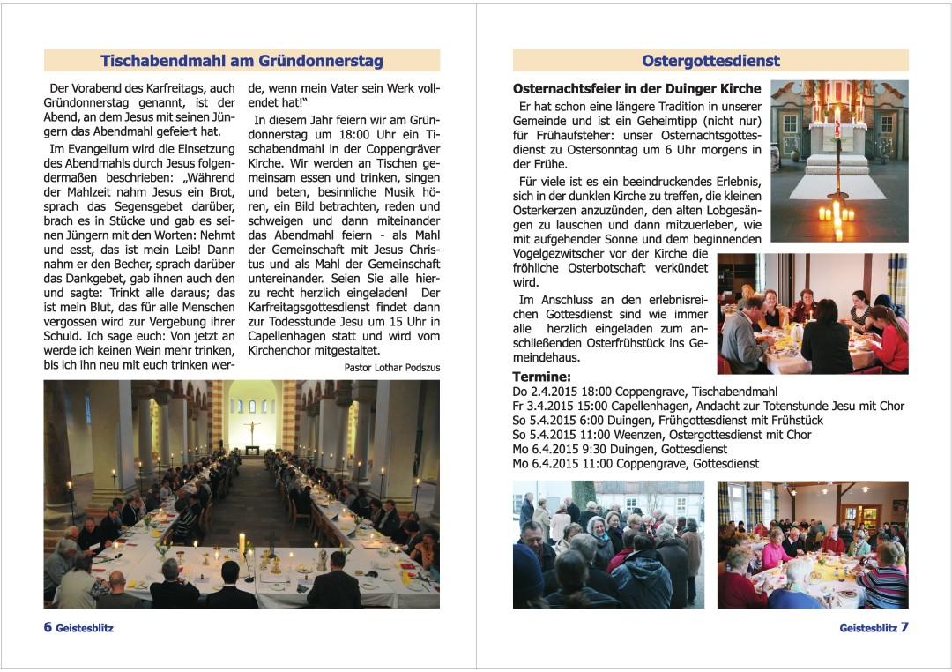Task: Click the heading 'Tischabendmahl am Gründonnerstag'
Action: [x=242, y=61]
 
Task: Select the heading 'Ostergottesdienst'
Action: [x=710, y=61]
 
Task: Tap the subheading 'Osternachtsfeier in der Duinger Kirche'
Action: [x=636, y=89]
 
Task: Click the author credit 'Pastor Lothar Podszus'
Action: [x=391, y=368]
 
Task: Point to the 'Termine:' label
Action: [x=541, y=377]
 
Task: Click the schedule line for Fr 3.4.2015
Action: [x=708, y=407]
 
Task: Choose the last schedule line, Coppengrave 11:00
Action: [x=635, y=464]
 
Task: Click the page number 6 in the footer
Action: [x=48, y=628]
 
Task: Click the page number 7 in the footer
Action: [x=904, y=628]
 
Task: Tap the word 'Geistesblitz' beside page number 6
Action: [x=85, y=629]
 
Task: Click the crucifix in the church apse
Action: [x=252, y=430]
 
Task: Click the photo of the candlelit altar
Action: [x=838, y=161]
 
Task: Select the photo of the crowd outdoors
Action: [x=608, y=544]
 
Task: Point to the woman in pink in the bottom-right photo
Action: [x=777, y=550]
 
